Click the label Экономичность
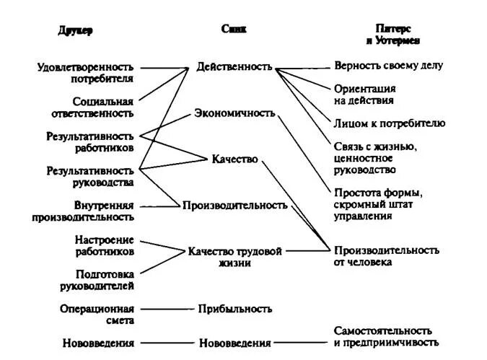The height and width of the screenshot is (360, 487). [234, 113]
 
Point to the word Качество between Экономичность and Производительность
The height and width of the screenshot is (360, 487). [234, 159]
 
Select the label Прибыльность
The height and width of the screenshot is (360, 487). [234, 309]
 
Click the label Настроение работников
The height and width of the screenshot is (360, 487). [104, 245]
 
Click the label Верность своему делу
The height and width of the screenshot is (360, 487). [388, 66]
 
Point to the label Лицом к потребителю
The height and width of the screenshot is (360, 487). [390, 123]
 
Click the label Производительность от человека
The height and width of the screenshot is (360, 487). [386, 256]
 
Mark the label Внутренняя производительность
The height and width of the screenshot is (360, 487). [93, 211]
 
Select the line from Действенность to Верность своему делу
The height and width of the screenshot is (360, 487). [303, 67]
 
